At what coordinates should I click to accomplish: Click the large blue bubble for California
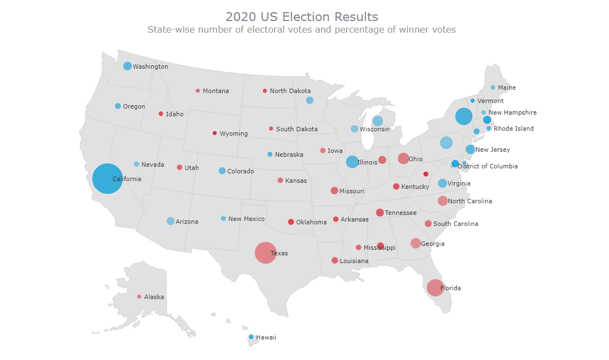pyautogui.click(x=107, y=178)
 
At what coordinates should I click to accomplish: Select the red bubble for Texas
pyautogui.click(x=265, y=253)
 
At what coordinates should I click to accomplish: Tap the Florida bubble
pyautogui.click(x=435, y=287)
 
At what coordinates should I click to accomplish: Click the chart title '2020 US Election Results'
pyautogui.click(x=302, y=17)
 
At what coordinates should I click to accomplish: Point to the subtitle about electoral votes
pyautogui.click(x=302, y=30)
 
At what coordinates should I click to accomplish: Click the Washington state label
pyautogui.click(x=150, y=66)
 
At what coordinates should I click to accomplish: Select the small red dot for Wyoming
pyautogui.click(x=215, y=133)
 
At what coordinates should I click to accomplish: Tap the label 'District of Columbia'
pyautogui.click(x=487, y=166)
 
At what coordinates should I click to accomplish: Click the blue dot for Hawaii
pyautogui.click(x=251, y=337)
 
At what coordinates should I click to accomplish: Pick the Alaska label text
pyautogui.click(x=154, y=297)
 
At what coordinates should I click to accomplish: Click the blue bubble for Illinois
pyautogui.click(x=352, y=162)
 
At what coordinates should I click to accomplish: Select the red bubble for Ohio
pyautogui.click(x=403, y=158)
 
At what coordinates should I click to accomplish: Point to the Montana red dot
pyautogui.click(x=198, y=91)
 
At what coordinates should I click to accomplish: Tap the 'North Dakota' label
pyautogui.click(x=290, y=91)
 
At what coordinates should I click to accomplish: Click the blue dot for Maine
pyautogui.click(x=493, y=88)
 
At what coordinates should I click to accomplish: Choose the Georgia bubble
pyautogui.click(x=416, y=243)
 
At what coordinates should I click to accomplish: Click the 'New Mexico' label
pyautogui.click(x=246, y=219)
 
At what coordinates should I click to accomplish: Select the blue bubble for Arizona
pyautogui.click(x=171, y=221)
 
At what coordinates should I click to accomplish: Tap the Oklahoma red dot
pyautogui.click(x=291, y=222)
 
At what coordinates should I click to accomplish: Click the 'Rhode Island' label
pyautogui.click(x=514, y=128)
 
